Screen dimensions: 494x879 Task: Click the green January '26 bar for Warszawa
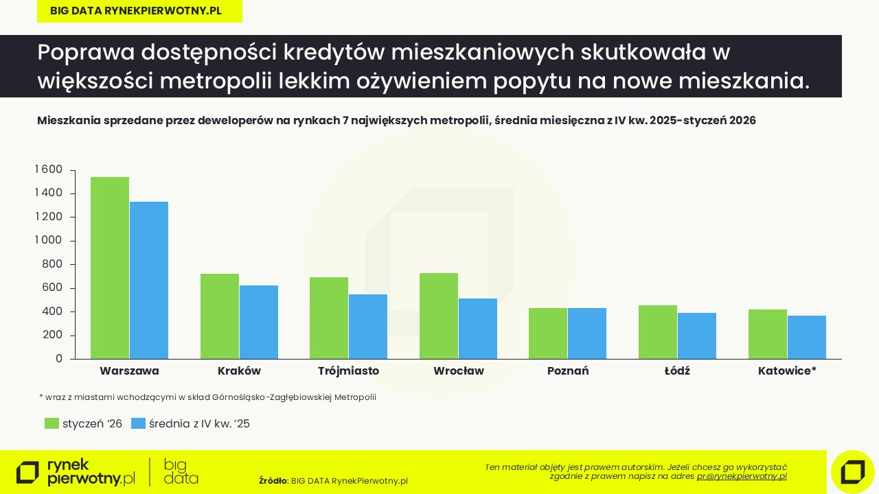point(110,268)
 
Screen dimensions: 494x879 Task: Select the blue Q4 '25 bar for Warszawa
point(149,280)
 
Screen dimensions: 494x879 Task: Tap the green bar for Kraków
point(220,316)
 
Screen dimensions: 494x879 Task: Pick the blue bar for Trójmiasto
point(368,327)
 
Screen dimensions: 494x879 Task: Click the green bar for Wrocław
point(439,316)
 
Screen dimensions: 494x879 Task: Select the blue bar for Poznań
point(587,333)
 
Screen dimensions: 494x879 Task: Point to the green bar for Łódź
point(658,332)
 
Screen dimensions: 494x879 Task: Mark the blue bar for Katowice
point(807,337)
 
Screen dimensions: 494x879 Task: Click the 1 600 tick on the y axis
point(49,169)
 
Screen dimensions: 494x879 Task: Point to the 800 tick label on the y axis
point(53,264)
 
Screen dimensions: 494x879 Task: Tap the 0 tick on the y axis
point(59,359)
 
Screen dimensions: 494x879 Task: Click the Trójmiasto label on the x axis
point(348,371)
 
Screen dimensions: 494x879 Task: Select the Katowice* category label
point(787,371)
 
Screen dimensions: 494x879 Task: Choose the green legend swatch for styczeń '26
point(52,423)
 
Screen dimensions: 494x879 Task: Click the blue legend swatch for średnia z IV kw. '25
point(138,423)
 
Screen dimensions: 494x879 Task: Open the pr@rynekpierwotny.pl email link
point(742,476)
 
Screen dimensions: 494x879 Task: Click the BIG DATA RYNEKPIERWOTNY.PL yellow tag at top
point(139,11)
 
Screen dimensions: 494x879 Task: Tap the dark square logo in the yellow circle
point(852,472)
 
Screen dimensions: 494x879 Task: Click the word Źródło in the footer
point(272,481)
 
